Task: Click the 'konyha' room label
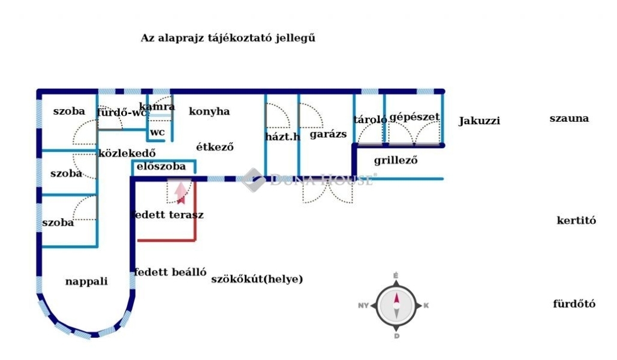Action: point(209,112)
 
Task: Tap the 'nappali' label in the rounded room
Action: point(86,281)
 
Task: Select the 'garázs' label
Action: point(328,134)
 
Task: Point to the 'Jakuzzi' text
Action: point(479,121)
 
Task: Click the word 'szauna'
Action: point(568,118)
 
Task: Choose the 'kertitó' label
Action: point(576,220)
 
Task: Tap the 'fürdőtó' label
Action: point(574,304)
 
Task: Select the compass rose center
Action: point(396,305)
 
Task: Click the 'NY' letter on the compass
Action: point(363,305)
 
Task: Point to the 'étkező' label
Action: point(215,146)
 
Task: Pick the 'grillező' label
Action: point(395,160)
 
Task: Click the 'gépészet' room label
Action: point(414,117)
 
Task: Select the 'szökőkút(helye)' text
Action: point(257,279)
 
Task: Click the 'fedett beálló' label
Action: point(170,272)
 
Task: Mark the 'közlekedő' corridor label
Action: point(127,152)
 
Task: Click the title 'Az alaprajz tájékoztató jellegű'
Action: point(228,38)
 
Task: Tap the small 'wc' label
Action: point(157,132)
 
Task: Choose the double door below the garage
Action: point(324,191)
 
